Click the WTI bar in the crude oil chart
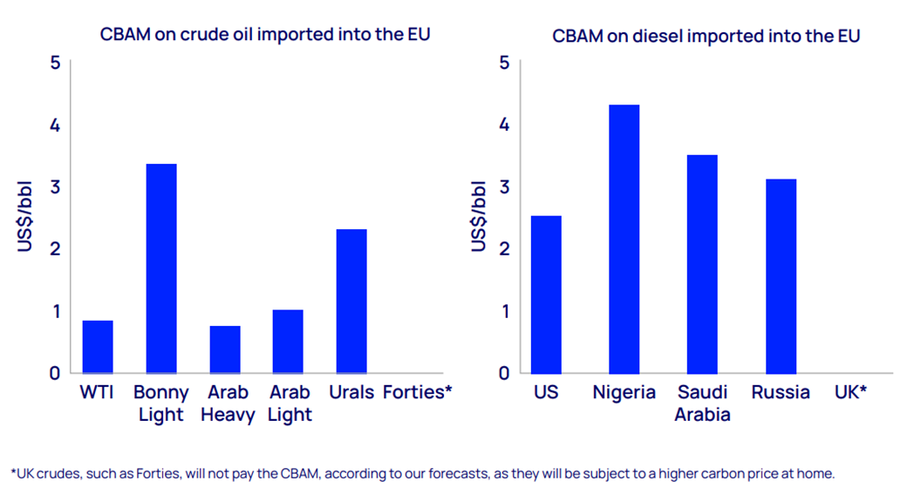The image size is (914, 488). [x=98, y=347]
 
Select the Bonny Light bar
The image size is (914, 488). [x=161, y=268]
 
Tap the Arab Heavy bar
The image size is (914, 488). [x=225, y=349]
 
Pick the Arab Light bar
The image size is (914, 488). [x=288, y=342]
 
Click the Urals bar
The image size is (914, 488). [x=351, y=301]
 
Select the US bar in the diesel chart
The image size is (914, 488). [x=546, y=295]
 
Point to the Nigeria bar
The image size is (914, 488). [x=624, y=239]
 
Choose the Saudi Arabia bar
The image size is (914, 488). [x=702, y=264]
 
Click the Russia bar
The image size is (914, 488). [x=781, y=276]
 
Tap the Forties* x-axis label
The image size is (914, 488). [x=417, y=393]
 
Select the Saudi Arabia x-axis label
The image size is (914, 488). [x=703, y=403]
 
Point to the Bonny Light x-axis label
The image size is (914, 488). [x=161, y=403]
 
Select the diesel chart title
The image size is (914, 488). [x=706, y=36]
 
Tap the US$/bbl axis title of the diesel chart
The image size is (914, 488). [x=479, y=217]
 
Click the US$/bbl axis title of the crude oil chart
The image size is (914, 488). [x=25, y=217]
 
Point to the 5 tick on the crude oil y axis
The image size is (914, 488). [x=55, y=63]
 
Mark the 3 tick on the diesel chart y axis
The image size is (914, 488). [x=504, y=186]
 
